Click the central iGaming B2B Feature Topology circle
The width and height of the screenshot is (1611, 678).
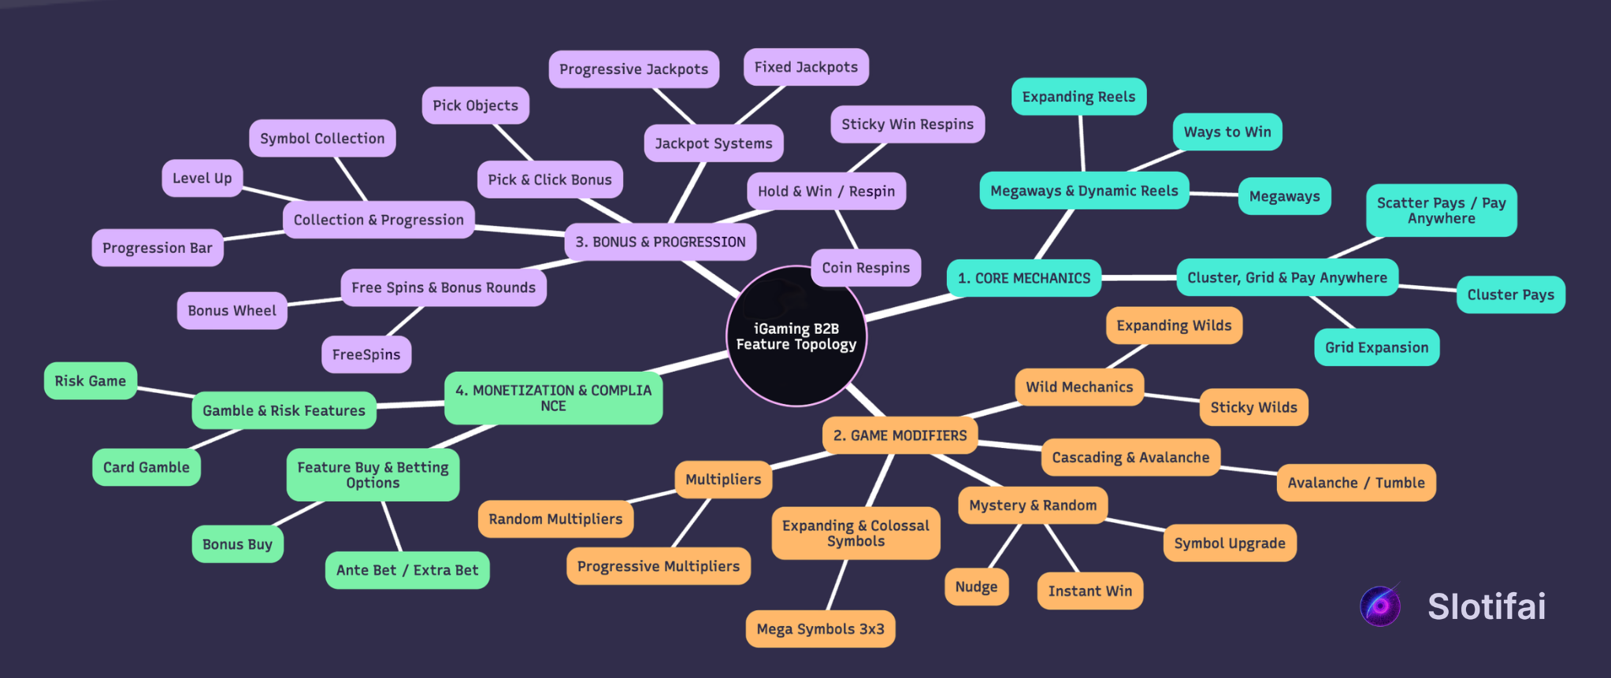tap(796, 336)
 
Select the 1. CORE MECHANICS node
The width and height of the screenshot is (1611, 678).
tap(1023, 278)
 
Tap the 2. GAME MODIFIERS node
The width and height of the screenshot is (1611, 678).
tap(900, 435)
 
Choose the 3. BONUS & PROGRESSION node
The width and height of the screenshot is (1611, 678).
tap(660, 242)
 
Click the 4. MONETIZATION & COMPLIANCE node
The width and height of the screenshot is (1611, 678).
tap(553, 398)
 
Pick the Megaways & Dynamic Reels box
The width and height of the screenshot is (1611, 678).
tap(1084, 191)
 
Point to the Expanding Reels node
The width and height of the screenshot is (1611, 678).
tap(1078, 97)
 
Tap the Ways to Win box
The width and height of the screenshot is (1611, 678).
tap(1227, 132)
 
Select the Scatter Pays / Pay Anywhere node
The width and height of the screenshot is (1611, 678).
tap(1441, 210)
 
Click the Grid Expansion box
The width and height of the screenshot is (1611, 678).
tap(1376, 347)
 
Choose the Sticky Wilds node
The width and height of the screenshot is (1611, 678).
tap(1253, 407)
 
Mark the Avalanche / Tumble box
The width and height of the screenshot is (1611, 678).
tap(1356, 483)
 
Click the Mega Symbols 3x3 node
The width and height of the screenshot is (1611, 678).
tap(820, 629)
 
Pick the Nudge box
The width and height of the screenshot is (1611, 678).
tap(976, 587)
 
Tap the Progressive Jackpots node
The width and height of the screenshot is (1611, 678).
tap(633, 69)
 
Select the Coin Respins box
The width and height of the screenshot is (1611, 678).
tap(866, 268)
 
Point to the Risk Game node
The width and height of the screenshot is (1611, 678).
tap(90, 381)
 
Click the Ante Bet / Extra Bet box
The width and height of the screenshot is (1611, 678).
tap(407, 570)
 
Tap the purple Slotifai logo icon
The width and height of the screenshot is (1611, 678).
tap(1380, 606)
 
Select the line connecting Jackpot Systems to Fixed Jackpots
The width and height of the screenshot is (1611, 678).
tap(761, 105)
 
